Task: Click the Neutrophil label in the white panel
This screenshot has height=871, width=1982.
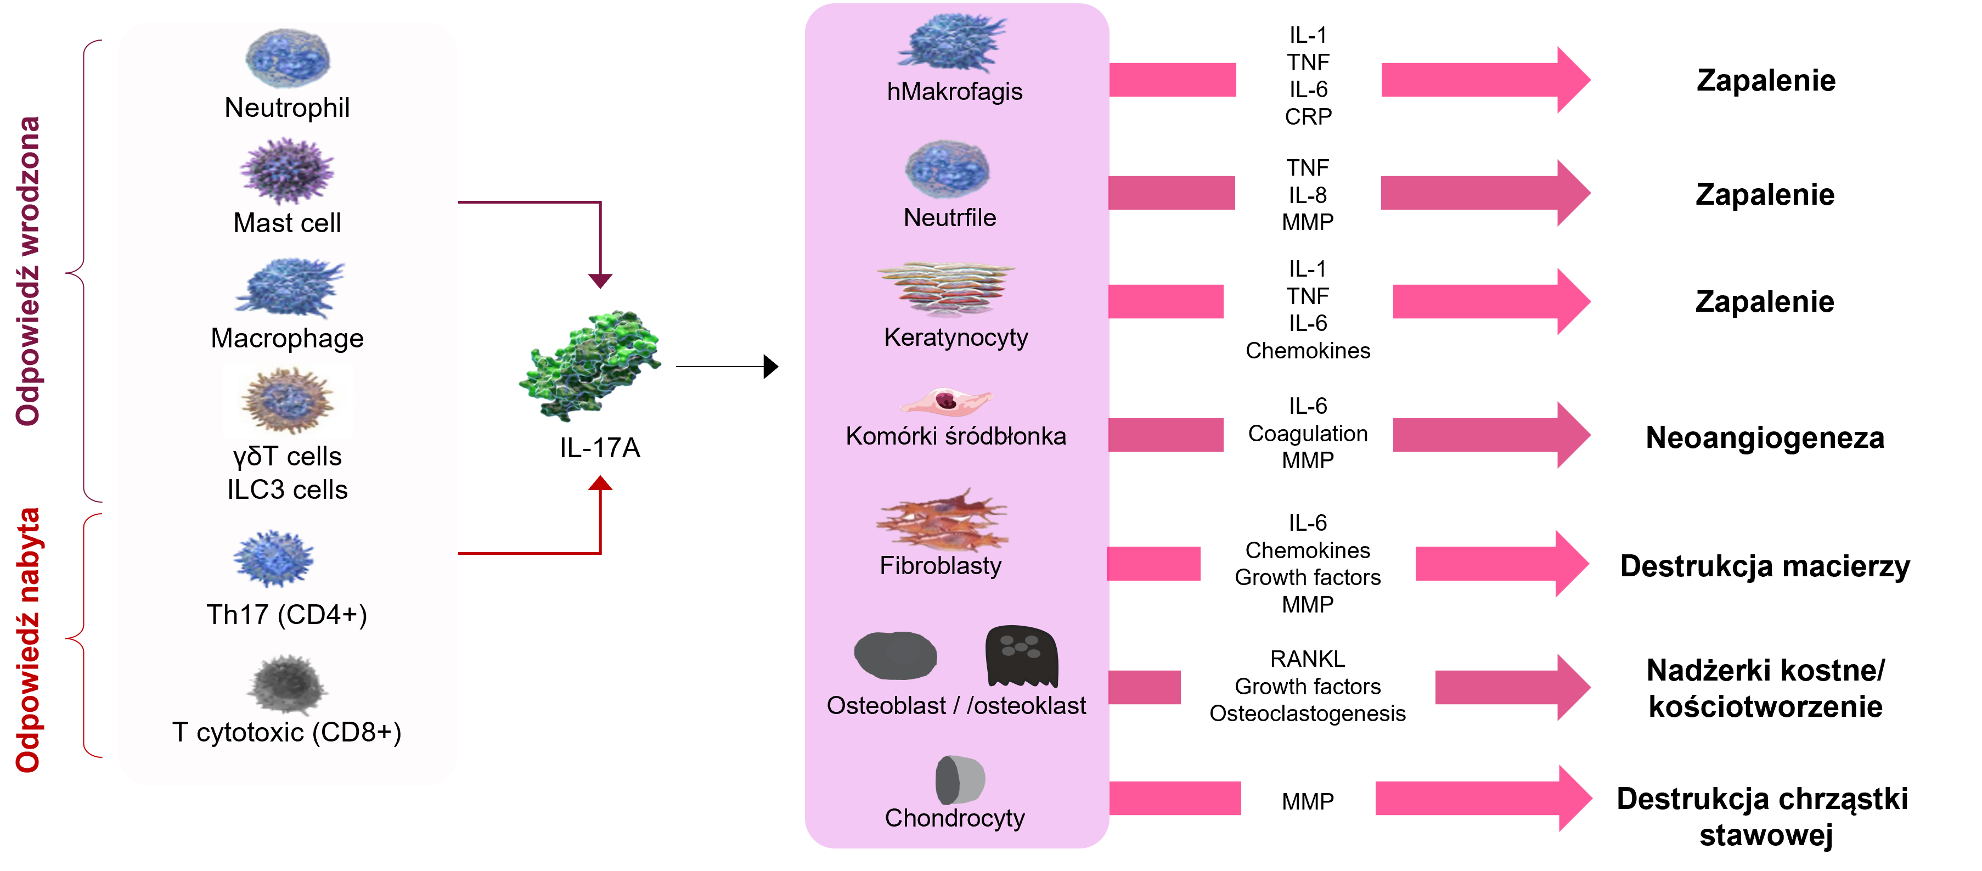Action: (287, 108)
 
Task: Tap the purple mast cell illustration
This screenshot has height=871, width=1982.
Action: (287, 171)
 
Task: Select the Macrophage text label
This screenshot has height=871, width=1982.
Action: (287, 339)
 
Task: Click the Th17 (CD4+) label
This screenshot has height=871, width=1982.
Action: (287, 615)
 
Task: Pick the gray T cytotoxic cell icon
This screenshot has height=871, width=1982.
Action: (287, 684)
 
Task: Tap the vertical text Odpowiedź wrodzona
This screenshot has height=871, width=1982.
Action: (29, 271)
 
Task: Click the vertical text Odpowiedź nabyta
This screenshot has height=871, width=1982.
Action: (29, 640)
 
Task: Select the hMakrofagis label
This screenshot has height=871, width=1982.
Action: (955, 92)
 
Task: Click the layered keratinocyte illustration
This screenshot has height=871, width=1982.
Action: (947, 289)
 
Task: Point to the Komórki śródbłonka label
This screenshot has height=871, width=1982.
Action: (956, 436)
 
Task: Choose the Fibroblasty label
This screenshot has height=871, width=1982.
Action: (940, 565)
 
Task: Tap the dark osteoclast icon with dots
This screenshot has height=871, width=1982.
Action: (1021, 655)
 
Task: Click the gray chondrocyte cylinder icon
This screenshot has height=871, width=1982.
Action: (960, 779)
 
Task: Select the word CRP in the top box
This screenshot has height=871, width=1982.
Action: (1308, 117)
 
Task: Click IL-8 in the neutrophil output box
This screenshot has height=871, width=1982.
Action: (1308, 195)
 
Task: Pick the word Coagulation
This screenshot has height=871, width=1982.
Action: (1308, 434)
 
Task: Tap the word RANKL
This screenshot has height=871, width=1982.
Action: (1308, 659)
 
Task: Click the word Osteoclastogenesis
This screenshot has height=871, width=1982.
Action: (1308, 714)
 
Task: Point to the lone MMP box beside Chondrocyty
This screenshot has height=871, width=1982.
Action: (1308, 802)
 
